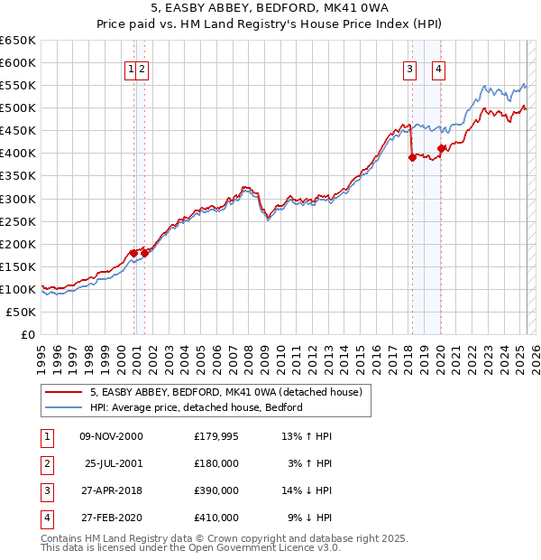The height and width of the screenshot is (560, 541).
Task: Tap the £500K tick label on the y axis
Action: tap(17, 108)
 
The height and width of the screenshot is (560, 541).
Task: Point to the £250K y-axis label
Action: tap(17, 221)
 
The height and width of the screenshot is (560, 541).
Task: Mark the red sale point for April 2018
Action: tap(412, 157)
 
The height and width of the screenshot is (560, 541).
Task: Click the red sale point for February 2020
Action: tap(441, 148)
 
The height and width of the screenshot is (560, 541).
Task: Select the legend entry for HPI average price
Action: tap(196, 407)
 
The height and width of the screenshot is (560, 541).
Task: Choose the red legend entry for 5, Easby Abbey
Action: tap(225, 392)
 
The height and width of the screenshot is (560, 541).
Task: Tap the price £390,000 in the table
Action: tap(216, 491)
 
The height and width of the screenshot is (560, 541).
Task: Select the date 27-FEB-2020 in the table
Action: tap(111, 518)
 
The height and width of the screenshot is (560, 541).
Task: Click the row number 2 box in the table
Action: tap(45, 464)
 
